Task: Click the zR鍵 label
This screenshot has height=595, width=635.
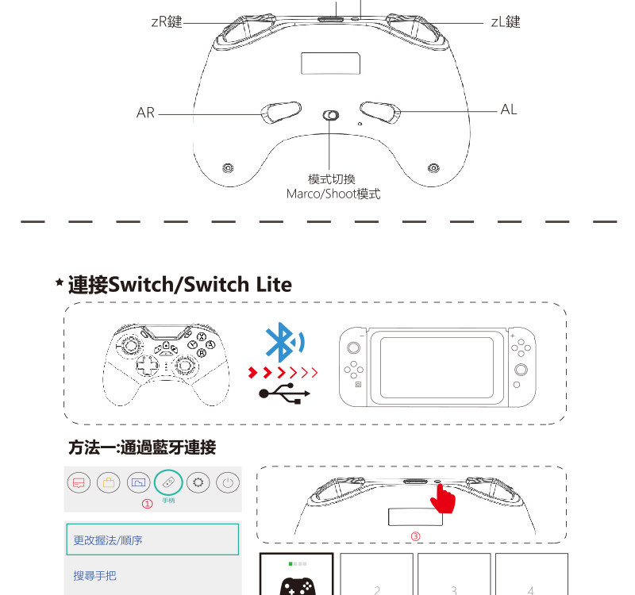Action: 166,22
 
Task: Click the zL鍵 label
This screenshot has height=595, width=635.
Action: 505,22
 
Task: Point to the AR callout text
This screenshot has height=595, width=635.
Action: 145,113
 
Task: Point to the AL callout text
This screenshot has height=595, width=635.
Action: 509,109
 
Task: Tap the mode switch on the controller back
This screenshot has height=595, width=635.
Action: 332,116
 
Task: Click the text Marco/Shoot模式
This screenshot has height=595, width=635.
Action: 333,194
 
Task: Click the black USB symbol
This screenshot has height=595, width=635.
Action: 284,394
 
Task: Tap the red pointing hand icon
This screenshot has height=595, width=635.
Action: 442,498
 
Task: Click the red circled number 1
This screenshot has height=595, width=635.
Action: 146,503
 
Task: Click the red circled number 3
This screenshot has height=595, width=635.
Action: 414,535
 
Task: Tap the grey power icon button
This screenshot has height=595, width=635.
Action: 228,482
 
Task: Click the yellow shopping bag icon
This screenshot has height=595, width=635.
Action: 107,482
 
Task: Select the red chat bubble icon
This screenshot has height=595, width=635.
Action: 77,482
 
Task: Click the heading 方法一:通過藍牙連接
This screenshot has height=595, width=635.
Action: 142,448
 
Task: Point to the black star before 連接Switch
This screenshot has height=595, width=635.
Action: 59,283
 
